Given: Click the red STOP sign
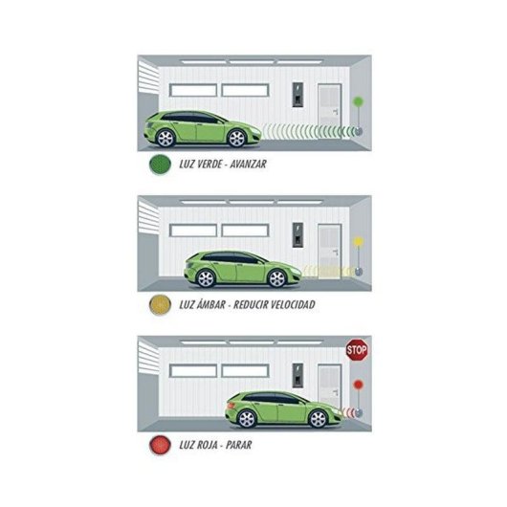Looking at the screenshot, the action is pyautogui.click(x=357, y=350).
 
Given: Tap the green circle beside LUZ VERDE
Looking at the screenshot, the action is pyautogui.click(x=160, y=165).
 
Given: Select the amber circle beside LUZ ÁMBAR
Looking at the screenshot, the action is pyautogui.click(x=160, y=304).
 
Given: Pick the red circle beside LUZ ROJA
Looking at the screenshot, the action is pyautogui.click(x=160, y=445).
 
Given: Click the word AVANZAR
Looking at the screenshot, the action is pyautogui.click(x=249, y=165).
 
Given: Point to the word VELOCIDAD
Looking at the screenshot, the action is pyautogui.click(x=293, y=304).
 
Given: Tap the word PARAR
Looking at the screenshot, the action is pyautogui.click(x=238, y=445).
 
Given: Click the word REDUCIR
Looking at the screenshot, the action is pyautogui.click(x=251, y=304).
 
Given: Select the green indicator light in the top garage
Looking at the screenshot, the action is pyautogui.click(x=358, y=101).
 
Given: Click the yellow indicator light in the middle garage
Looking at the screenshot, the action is pyautogui.click(x=358, y=241).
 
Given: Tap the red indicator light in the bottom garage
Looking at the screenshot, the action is pyautogui.click(x=359, y=385).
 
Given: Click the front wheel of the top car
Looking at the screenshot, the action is pyautogui.click(x=237, y=139).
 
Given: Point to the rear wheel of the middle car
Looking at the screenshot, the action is pyautogui.click(x=206, y=278).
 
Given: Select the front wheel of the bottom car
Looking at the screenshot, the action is pyautogui.click(x=318, y=419).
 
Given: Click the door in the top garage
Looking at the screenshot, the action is pyautogui.click(x=329, y=111).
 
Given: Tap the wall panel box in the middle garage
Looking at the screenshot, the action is pyautogui.click(x=298, y=234).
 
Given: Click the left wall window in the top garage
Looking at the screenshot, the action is pyautogui.click(x=193, y=90).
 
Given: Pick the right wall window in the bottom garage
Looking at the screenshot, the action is pyautogui.click(x=245, y=371).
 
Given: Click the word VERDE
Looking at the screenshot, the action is pyautogui.click(x=210, y=165).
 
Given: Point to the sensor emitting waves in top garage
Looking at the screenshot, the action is pyautogui.click(x=359, y=131).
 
